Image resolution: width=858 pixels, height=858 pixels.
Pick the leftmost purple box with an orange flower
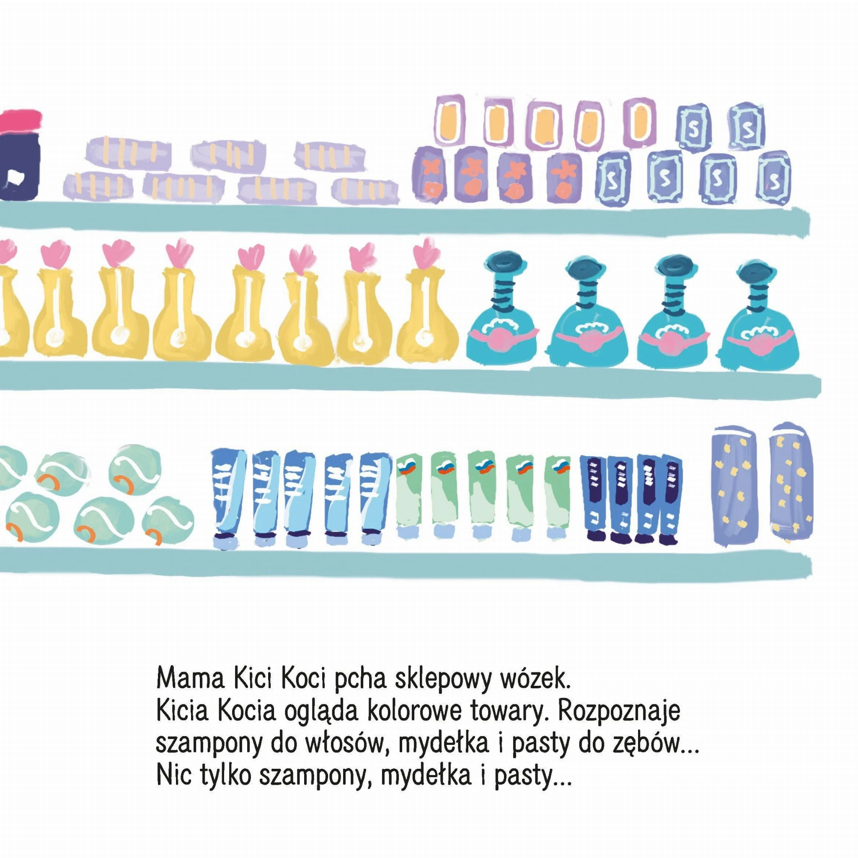pyautogui.click(x=430, y=175)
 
